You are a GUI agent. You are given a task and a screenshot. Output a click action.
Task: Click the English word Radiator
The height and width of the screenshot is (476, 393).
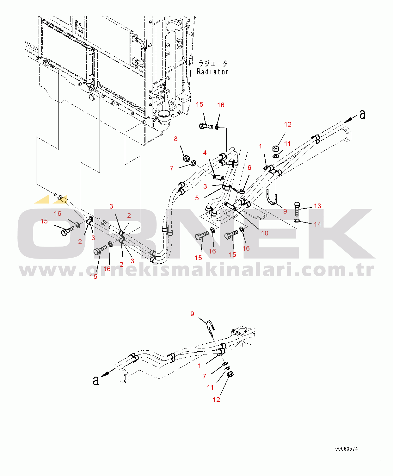coord(212,72)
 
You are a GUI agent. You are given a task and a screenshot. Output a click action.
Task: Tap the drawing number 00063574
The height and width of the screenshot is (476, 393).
coord(346,449)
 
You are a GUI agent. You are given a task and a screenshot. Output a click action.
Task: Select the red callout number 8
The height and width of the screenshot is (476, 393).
coord(175,139)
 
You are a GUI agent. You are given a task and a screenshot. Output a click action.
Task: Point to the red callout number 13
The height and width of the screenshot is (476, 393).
coord(317,206)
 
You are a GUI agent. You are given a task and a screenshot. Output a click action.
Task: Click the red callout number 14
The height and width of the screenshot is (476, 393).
coord(317,224)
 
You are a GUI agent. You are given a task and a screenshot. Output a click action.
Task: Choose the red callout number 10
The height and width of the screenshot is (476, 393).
coord(265,233)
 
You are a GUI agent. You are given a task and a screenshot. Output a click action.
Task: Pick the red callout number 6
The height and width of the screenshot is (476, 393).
coord(249,167)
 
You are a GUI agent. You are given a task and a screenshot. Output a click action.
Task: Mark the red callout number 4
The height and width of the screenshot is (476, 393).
coord(205,153)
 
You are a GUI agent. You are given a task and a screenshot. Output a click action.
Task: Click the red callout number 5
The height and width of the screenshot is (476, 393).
coord(197,198)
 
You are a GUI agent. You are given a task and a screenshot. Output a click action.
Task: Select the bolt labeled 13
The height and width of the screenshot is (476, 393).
coord(297,209)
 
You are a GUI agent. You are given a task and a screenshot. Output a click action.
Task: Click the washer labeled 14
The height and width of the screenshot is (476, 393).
coord(297,221)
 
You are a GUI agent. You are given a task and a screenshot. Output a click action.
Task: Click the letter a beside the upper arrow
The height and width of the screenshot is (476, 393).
coord(362,114)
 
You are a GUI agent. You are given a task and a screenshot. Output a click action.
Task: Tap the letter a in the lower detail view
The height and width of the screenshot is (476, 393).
coord(96,380)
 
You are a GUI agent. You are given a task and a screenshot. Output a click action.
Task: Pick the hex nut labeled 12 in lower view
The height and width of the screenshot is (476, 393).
coord(230,374)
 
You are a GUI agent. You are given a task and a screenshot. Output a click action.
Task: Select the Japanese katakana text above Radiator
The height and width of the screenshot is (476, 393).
coord(213,63)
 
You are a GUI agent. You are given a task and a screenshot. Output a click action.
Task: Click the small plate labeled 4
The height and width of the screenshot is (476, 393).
coord(218,177)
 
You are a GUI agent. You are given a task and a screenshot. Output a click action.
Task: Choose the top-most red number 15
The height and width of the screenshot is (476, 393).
coord(200,104)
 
